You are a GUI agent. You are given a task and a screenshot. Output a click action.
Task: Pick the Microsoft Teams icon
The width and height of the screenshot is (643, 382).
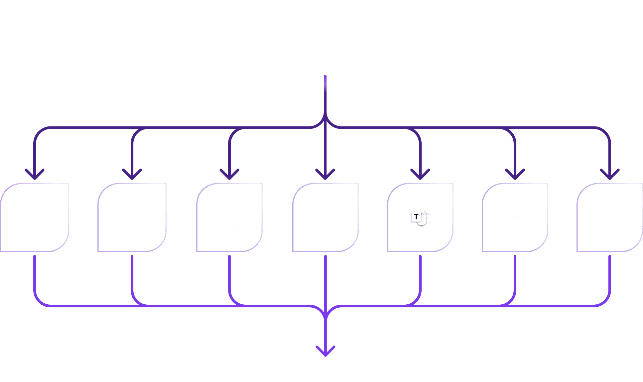[421, 218]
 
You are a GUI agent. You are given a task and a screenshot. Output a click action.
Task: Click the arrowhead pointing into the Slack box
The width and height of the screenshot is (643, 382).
[35, 175]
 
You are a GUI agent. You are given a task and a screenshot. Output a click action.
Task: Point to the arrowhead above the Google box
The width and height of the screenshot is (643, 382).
[132, 175]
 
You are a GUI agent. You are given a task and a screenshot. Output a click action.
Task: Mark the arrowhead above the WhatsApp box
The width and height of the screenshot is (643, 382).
[229, 175]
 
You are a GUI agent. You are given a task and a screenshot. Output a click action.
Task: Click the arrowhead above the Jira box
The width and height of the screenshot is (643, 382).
[325, 175]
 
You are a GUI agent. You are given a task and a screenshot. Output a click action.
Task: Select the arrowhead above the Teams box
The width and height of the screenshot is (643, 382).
[420, 175]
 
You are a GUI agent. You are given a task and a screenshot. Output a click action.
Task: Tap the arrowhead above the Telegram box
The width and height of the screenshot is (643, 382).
[515, 175]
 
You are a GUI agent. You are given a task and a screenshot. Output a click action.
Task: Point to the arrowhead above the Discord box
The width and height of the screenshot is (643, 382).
[610, 175]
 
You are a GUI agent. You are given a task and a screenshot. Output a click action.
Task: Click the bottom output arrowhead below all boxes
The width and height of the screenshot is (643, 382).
[326, 352]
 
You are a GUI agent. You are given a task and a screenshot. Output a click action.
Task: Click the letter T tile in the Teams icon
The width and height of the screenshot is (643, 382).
[416, 217]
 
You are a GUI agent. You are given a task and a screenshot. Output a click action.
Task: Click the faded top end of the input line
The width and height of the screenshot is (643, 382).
[325, 81]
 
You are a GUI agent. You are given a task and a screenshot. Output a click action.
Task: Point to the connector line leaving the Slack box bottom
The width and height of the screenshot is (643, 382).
[35, 272]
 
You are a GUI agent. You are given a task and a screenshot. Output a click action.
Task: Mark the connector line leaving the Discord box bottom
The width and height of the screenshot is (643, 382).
[610, 272]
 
